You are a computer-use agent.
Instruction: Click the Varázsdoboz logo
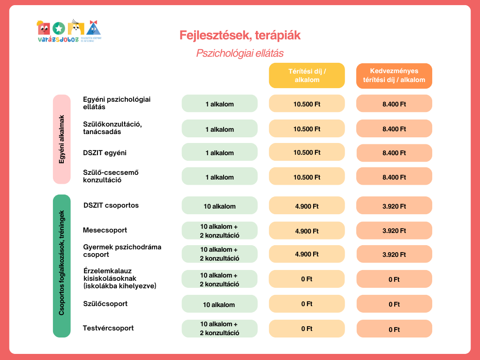(x=69, y=31)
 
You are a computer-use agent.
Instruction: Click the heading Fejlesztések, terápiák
(x=240, y=35)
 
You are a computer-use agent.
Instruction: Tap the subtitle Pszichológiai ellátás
(x=240, y=53)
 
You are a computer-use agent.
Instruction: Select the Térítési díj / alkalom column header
(x=307, y=75)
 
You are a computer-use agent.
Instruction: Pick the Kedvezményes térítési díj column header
(x=394, y=75)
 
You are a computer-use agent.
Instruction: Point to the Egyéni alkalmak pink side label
(x=61, y=139)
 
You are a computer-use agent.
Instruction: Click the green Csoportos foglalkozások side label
(x=61, y=266)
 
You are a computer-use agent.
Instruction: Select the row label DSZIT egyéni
(x=105, y=153)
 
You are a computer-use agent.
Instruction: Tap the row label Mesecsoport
(x=105, y=230)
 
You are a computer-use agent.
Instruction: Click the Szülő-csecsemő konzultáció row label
(x=111, y=176)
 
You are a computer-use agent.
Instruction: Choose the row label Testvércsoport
(x=108, y=328)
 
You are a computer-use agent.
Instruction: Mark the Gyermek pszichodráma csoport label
(x=122, y=251)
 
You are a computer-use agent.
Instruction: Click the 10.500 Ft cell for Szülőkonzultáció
(x=307, y=129)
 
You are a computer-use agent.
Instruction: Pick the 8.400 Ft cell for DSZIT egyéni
(x=394, y=153)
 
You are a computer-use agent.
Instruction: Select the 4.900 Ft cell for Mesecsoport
(x=307, y=231)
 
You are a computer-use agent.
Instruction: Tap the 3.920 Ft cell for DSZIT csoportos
(x=394, y=205)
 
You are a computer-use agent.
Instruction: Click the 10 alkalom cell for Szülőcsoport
(x=219, y=305)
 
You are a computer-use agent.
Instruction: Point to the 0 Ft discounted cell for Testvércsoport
(x=394, y=330)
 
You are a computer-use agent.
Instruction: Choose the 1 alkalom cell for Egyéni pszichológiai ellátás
(x=219, y=104)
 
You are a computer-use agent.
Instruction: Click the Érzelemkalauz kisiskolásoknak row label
(x=119, y=278)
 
